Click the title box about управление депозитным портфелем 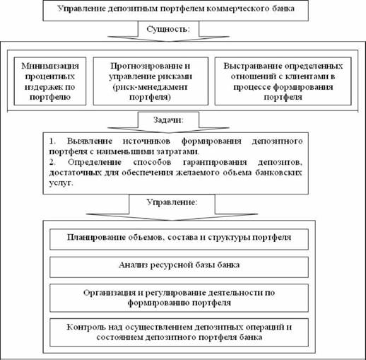(x=176, y=11)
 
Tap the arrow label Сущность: (x=168, y=29)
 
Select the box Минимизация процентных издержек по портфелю (x=50, y=81)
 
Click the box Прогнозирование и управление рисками (x=150, y=81)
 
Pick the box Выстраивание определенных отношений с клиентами (x=283, y=81)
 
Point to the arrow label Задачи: (x=168, y=120)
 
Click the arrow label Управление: (x=172, y=202)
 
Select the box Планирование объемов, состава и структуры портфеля (x=179, y=239)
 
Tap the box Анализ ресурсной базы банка (x=179, y=267)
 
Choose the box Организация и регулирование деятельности (x=179, y=298)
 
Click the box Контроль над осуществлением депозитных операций (x=179, y=332)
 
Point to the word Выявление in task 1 (x=90, y=141)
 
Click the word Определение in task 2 (x=95, y=162)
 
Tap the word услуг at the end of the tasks (x=61, y=182)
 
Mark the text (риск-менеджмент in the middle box (x=150, y=87)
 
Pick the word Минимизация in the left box (x=50, y=66)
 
